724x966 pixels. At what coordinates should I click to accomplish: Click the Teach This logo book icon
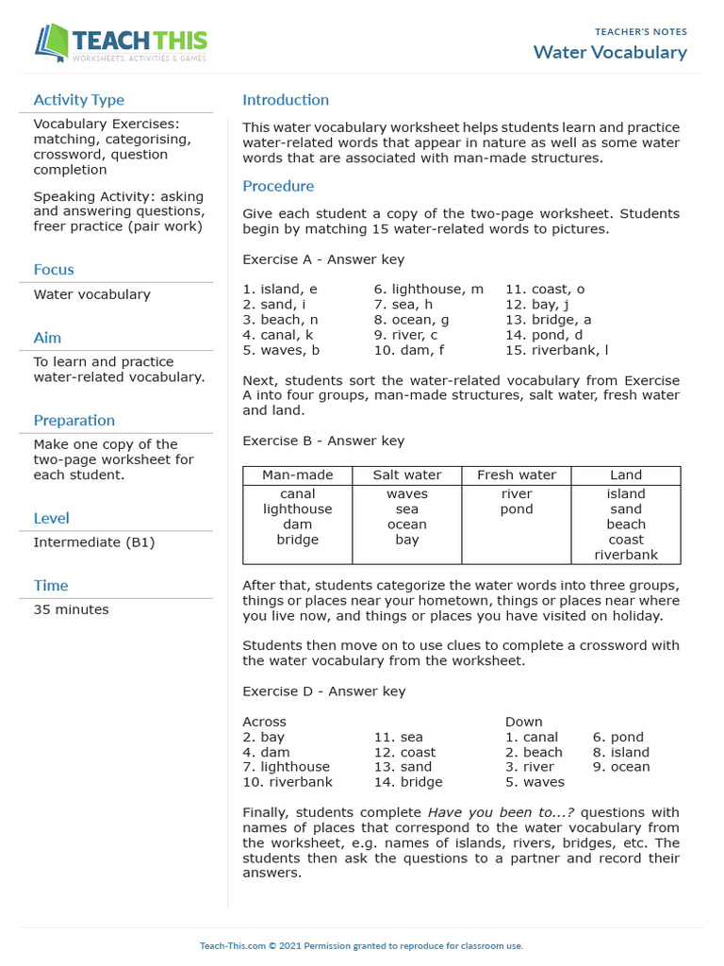pyautogui.click(x=52, y=42)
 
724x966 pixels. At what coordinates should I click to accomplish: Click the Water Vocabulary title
pyautogui.click(x=610, y=52)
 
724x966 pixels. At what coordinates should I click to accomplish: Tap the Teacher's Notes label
pyautogui.click(x=641, y=32)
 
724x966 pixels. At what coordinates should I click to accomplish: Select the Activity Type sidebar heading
pyautogui.click(x=78, y=100)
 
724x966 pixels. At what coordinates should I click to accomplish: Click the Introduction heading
pyautogui.click(x=286, y=100)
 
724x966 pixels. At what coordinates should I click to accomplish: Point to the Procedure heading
pyautogui.click(x=278, y=186)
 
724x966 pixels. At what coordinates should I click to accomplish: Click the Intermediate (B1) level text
pyautogui.click(x=94, y=542)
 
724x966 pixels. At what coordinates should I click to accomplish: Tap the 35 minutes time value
pyautogui.click(x=71, y=609)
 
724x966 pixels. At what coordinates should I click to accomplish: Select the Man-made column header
pyautogui.click(x=297, y=475)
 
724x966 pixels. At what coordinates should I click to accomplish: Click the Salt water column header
pyautogui.click(x=406, y=475)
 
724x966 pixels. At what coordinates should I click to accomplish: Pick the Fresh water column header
pyautogui.click(x=517, y=475)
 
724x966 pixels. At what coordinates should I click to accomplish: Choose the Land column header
pyautogui.click(x=626, y=475)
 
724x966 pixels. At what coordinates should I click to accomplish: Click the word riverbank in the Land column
pyautogui.click(x=626, y=555)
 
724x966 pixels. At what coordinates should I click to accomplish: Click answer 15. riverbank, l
pyautogui.click(x=556, y=350)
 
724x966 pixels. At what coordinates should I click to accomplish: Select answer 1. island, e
pyautogui.click(x=280, y=290)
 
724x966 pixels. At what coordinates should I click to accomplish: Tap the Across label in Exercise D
pyautogui.click(x=264, y=722)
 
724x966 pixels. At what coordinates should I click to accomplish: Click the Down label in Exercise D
pyautogui.click(x=524, y=722)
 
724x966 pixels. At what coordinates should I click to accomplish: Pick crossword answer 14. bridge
pyautogui.click(x=407, y=782)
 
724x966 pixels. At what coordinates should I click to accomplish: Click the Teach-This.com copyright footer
pyautogui.click(x=361, y=946)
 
